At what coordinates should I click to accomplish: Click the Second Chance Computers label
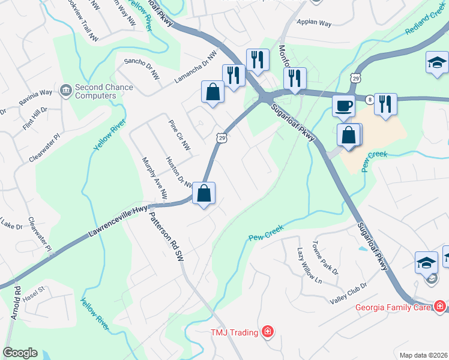coord(103,91)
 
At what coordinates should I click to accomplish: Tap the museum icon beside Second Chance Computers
coord(65,91)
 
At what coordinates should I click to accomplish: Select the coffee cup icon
coord(344,106)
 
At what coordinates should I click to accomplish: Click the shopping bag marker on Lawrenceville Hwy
coord(204,194)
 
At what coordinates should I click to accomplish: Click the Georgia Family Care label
coord(393,307)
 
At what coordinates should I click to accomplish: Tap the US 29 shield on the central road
coord(221,138)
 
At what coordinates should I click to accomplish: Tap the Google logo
coord(20,353)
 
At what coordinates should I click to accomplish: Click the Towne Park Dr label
coord(325,258)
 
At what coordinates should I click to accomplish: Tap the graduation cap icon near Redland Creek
coord(437,62)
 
